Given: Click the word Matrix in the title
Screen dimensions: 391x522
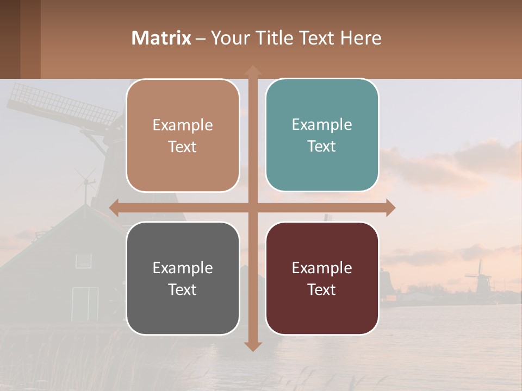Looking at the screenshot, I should (x=161, y=38).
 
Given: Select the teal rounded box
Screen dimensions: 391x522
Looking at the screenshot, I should (x=322, y=135).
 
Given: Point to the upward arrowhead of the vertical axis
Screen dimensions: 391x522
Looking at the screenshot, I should (x=252, y=71).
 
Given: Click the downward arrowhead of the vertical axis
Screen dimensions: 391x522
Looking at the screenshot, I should (x=252, y=346).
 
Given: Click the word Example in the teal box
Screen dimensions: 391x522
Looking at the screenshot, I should (x=322, y=124).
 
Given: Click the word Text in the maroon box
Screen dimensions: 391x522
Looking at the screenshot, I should (x=322, y=289).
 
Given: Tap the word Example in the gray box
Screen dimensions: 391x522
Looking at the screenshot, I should (x=183, y=268).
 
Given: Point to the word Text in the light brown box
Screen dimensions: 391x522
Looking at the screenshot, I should (x=183, y=147).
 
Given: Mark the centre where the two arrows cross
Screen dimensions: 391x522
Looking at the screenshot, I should (x=252, y=207).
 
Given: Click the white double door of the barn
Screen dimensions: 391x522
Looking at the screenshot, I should (x=85, y=304).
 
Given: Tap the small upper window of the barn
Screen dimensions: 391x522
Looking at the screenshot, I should (x=83, y=261).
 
